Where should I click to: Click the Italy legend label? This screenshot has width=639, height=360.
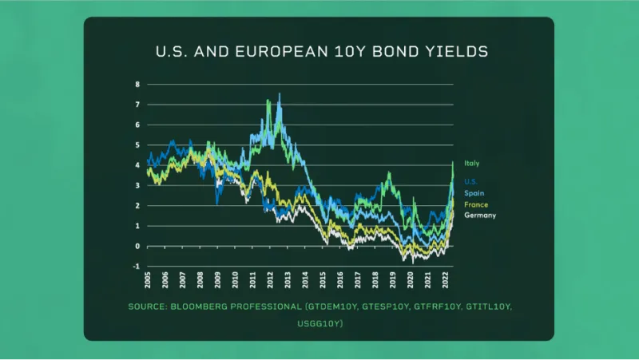tap(471, 164)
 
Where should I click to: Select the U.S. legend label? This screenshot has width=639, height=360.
tap(470, 182)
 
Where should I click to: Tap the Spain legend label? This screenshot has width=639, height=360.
tap(473, 193)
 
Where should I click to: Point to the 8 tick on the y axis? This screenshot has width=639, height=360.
tap(137, 84)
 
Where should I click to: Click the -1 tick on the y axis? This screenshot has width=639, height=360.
tap(137, 266)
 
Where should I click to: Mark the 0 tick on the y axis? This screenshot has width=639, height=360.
tap(137, 246)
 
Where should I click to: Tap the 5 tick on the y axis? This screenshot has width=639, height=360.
tap(137, 144)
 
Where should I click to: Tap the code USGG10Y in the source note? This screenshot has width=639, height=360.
tap(319, 323)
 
